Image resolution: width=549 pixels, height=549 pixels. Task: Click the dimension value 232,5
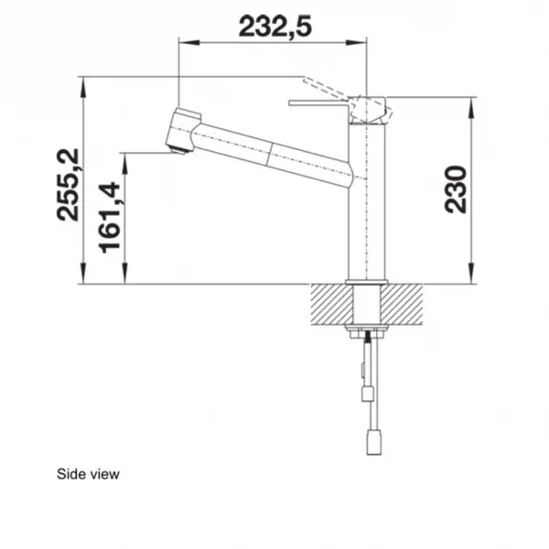pos(274,27)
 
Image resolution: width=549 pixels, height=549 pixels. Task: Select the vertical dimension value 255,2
pos(69,185)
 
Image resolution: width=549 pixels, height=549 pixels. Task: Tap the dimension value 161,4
pos(110,218)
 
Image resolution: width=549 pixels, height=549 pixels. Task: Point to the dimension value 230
pos(456,189)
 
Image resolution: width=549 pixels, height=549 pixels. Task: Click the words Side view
pos(88,474)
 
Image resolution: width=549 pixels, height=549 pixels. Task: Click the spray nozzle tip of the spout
pos(178,149)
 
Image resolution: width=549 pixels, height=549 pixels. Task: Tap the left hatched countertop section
pos(332,304)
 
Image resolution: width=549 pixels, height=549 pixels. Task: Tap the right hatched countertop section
pos(402,304)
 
